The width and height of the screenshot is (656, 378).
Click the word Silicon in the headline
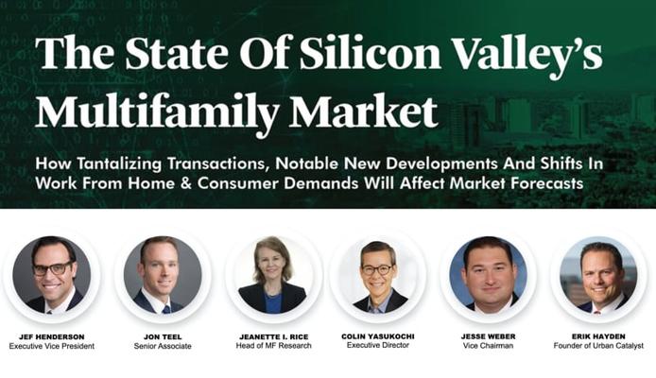370,54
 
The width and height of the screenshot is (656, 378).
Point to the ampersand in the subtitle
186,183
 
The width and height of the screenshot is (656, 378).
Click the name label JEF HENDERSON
51,336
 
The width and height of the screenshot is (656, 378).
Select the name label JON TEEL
163,336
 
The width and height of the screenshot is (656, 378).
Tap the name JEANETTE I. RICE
273,336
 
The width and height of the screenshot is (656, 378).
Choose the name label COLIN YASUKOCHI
378,336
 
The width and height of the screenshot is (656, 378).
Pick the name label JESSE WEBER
488,336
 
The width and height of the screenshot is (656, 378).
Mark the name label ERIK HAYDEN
598,336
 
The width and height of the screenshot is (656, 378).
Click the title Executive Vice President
51,346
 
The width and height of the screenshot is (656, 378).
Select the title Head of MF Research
273,346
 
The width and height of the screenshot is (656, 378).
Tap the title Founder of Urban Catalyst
598,346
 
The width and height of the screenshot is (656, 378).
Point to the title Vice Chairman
488,346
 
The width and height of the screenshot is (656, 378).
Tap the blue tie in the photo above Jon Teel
166,309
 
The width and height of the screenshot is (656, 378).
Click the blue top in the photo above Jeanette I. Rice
272,302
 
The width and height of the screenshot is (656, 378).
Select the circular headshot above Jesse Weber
489,275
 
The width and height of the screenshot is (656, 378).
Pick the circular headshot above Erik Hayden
598,275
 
